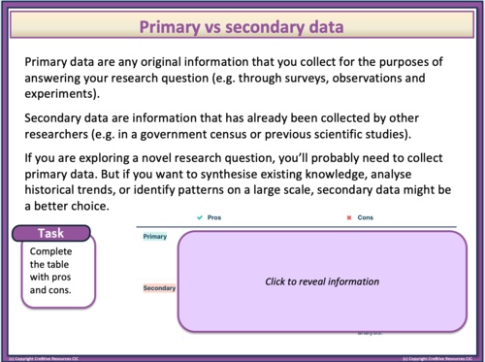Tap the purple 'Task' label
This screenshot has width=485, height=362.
(x=50, y=233)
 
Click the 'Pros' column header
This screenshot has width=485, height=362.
(x=214, y=218)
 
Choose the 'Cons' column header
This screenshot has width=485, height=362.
(x=366, y=218)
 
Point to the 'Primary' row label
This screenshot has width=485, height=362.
(x=155, y=237)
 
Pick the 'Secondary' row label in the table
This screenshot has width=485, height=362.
(x=159, y=288)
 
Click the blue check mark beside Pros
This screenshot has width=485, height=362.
(x=198, y=218)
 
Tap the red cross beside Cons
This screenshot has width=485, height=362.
(x=348, y=218)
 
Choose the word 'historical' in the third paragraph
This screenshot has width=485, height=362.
(x=58, y=189)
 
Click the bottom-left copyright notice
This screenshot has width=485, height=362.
(x=44, y=357)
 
